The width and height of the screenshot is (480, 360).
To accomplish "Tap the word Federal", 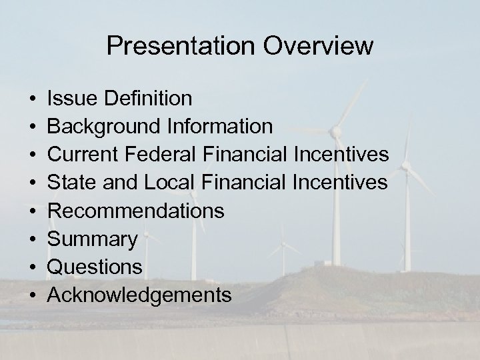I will point(159,155).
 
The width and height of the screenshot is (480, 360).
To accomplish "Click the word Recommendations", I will point(136,211).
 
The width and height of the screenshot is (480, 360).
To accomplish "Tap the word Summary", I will point(93,239).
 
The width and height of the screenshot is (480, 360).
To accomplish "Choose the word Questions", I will point(95,267).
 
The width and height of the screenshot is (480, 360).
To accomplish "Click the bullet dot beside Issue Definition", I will point(32,99).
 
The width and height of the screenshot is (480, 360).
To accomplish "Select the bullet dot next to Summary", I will point(32,239).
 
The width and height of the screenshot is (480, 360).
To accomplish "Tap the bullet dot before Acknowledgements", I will point(32,295).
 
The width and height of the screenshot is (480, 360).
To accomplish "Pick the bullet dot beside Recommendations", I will point(32,211).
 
